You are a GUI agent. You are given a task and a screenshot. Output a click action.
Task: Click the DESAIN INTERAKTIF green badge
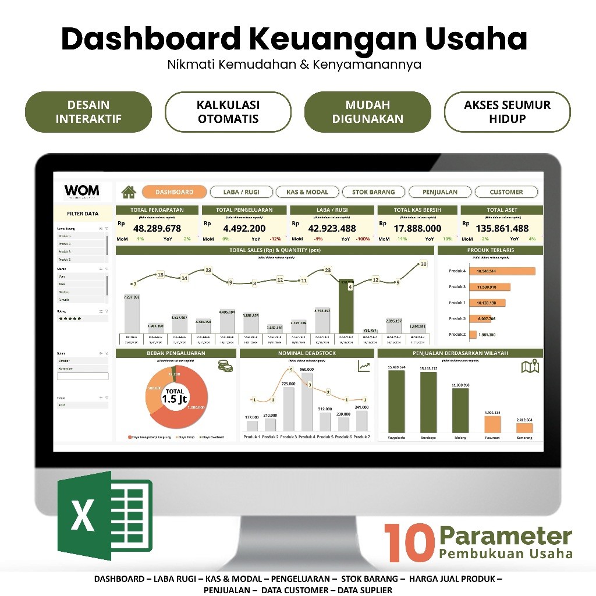tap(88, 112)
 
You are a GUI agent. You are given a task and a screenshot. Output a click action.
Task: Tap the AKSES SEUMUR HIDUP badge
tap(507, 112)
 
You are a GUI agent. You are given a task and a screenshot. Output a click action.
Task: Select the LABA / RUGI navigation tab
tap(241, 192)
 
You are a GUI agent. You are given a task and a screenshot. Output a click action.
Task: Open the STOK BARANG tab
tap(373, 192)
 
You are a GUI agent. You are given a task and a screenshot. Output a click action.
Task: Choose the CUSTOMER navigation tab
tap(506, 192)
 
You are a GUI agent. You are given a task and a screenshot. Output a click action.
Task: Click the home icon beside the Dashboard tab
tap(129, 191)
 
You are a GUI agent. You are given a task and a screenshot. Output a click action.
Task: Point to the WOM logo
tap(81, 191)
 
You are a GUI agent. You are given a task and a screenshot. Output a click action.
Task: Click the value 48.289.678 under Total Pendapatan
tap(157, 228)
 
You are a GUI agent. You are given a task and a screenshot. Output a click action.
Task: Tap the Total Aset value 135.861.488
tap(502, 228)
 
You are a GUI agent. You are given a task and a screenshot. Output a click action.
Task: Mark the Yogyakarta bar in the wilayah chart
tap(396, 402)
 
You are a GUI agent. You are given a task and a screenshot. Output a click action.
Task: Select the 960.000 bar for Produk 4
tap(307, 402)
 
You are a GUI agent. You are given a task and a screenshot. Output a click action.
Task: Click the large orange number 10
tap(409, 542)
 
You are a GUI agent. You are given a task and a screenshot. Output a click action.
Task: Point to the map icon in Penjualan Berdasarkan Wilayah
tap(530, 367)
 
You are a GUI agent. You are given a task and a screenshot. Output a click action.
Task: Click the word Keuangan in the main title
tap(333, 40)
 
